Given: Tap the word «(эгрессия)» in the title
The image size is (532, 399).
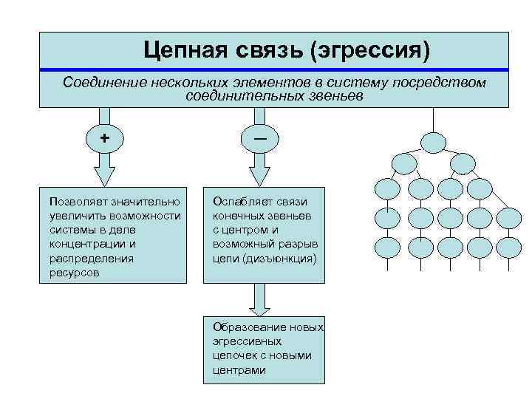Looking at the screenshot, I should click(x=369, y=50).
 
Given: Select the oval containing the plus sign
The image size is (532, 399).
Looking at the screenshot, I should click(x=105, y=137).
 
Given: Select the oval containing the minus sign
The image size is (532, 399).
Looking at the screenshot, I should click(x=260, y=137).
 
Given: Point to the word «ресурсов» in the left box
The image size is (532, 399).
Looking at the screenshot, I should click(x=72, y=273).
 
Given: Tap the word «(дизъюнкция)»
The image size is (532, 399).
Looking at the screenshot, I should click(x=284, y=259).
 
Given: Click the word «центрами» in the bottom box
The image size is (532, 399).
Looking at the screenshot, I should click(x=239, y=369).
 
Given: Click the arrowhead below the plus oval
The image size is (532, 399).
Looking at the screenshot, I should click(x=105, y=174).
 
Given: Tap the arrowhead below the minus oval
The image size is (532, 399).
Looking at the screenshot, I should click(x=260, y=174).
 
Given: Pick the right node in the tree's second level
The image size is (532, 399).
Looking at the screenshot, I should click(x=463, y=163).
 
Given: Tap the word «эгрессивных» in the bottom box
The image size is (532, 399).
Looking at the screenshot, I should click(x=247, y=341).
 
